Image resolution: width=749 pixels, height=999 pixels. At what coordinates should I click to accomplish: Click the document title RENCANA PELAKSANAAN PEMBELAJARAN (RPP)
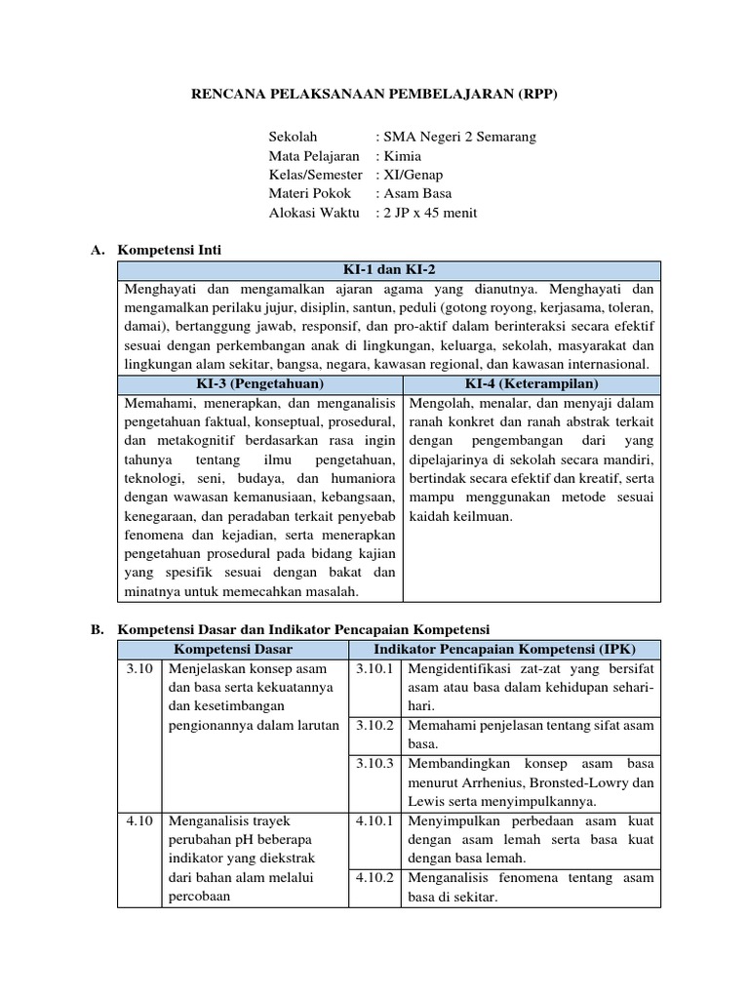(374, 95)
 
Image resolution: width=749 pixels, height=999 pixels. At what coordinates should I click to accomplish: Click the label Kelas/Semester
(315, 175)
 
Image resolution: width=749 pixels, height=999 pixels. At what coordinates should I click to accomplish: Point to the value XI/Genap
(414, 175)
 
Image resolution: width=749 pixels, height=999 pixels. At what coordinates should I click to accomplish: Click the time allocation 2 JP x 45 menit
(432, 213)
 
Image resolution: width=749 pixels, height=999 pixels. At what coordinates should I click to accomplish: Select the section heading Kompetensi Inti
(169, 251)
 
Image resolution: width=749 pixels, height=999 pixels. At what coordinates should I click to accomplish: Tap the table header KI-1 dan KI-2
(390, 269)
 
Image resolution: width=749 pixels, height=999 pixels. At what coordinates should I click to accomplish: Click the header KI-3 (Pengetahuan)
(261, 383)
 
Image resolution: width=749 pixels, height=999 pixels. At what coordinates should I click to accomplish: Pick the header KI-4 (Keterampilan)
(532, 383)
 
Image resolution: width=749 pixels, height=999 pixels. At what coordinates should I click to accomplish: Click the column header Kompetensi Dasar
(233, 649)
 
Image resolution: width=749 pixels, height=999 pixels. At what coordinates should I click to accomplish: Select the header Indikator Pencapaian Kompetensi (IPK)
(503, 649)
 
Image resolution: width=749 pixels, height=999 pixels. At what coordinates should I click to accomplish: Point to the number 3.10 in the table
(140, 668)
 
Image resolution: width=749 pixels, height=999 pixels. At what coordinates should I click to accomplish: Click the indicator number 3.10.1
(374, 668)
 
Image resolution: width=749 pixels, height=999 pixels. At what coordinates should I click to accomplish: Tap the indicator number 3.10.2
(374, 725)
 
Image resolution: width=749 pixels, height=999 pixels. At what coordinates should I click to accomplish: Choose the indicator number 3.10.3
(374, 763)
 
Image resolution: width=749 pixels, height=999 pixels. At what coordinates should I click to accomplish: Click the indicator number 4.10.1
(374, 820)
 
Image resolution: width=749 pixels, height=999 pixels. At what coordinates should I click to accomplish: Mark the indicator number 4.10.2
(374, 877)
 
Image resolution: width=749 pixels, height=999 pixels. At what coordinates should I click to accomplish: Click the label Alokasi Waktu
(314, 213)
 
